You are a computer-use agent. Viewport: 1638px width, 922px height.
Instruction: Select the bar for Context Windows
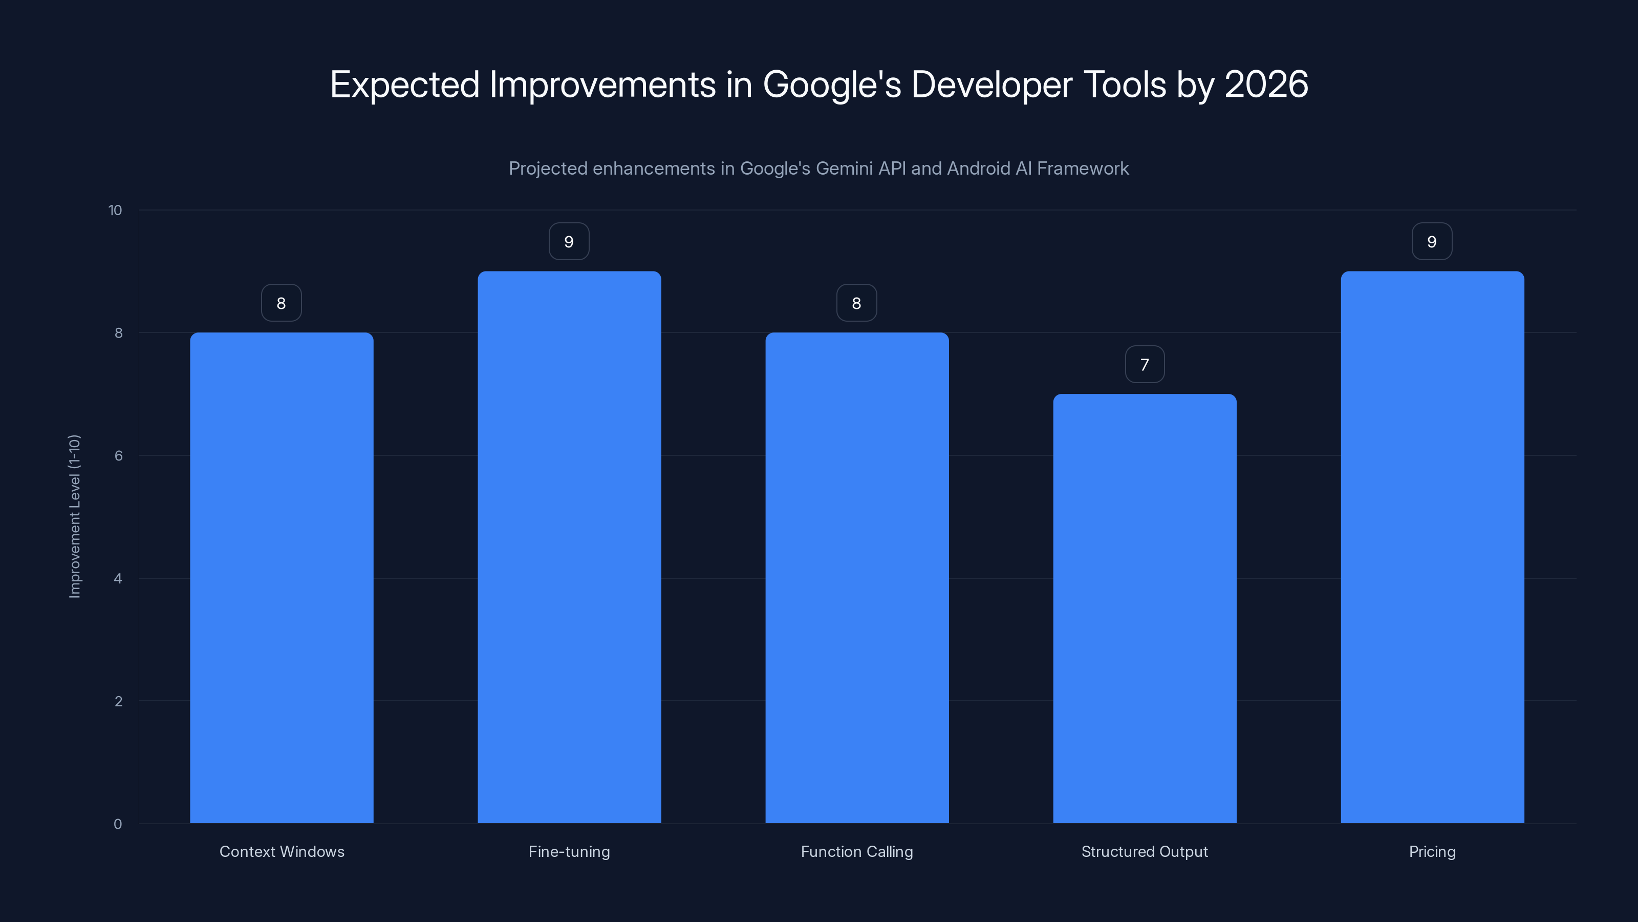click(x=282, y=577)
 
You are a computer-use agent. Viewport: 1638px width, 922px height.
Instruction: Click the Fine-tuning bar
click(x=569, y=547)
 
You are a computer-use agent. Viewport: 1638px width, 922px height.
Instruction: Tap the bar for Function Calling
click(x=856, y=577)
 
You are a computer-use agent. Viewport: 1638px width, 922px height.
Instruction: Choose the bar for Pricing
click(x=1432, y=547)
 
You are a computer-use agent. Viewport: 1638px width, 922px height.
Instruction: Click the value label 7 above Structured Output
click(x=1145, y=365)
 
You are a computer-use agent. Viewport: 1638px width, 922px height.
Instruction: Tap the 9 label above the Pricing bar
click(x=1432, y=242)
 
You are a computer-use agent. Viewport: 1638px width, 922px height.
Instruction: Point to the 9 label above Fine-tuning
click(x=569, y=242)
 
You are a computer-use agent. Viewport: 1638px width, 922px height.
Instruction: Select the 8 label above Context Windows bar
click(x=282, y=304)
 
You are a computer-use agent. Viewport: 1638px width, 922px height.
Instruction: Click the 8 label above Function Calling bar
click(x=856, y=304)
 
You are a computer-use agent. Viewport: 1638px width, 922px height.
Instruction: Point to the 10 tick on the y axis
click(x=115, y=211)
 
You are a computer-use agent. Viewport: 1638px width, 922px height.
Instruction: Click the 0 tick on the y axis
click(x=118, y=824)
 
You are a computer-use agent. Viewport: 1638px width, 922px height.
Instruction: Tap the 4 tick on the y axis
click(x=118, y=578)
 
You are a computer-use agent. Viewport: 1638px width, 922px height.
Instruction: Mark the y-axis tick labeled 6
click(x=118, y=455)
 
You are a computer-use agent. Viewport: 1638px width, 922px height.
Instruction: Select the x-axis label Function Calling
click(x=856, y=851)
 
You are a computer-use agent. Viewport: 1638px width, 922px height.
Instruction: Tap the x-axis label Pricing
click(x=1432, y=851)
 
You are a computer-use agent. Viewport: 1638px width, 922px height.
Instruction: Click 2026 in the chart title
click(x=1266, y=84)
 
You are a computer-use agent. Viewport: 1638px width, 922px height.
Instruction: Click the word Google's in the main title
click(x=832, y=85)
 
